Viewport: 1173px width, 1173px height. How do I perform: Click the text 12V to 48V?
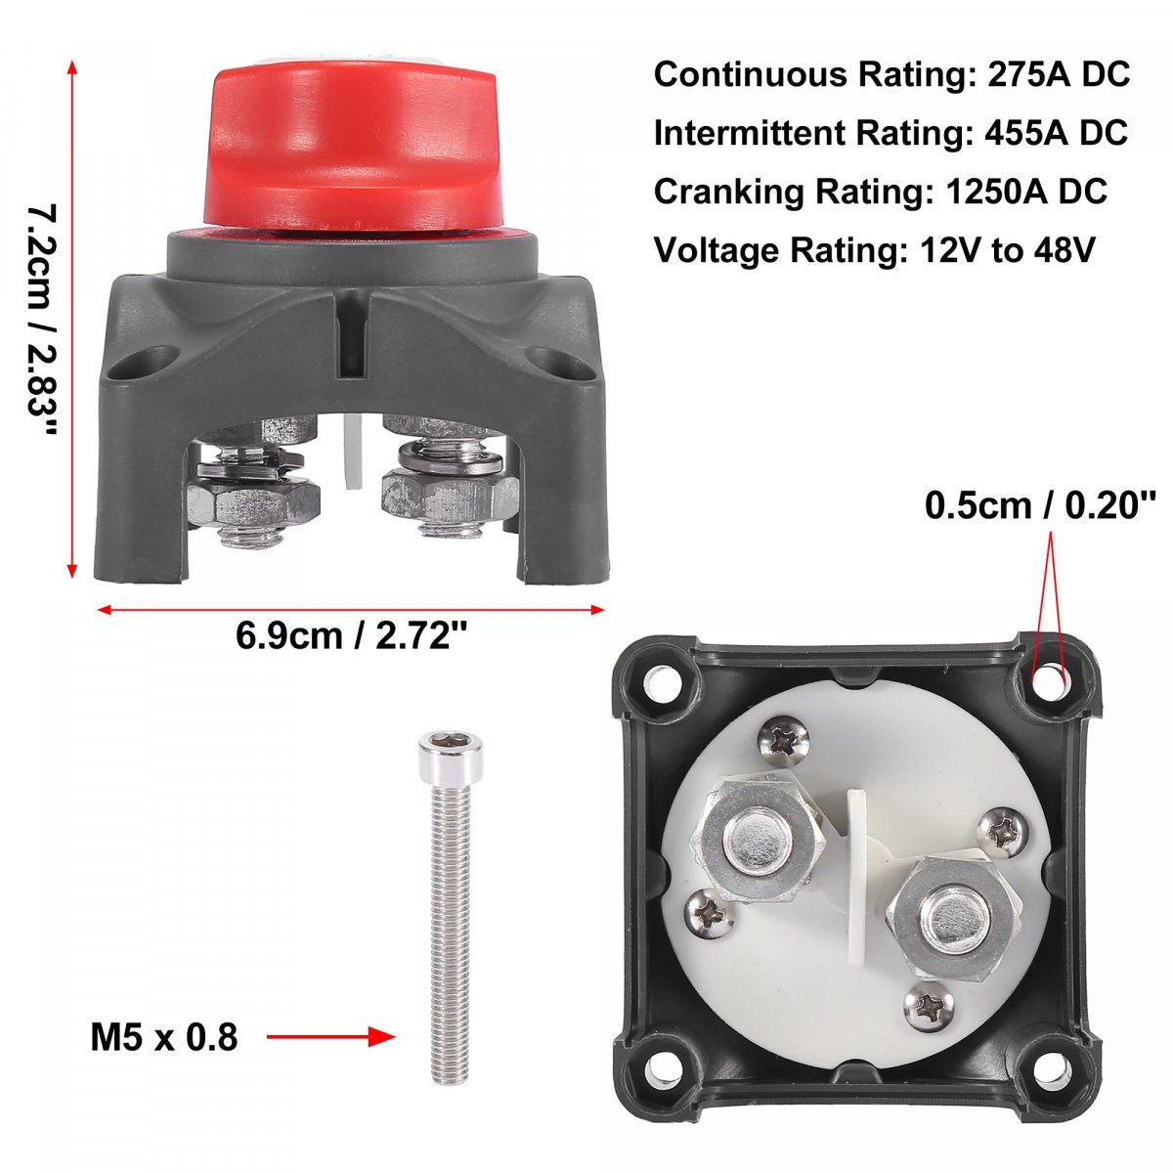coord(1008,250)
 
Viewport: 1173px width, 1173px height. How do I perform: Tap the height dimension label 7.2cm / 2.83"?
coord(43,319)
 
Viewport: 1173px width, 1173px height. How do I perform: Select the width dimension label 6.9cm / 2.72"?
coord(351,636)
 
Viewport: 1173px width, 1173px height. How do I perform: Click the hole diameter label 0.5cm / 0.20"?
coord(1040,505)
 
